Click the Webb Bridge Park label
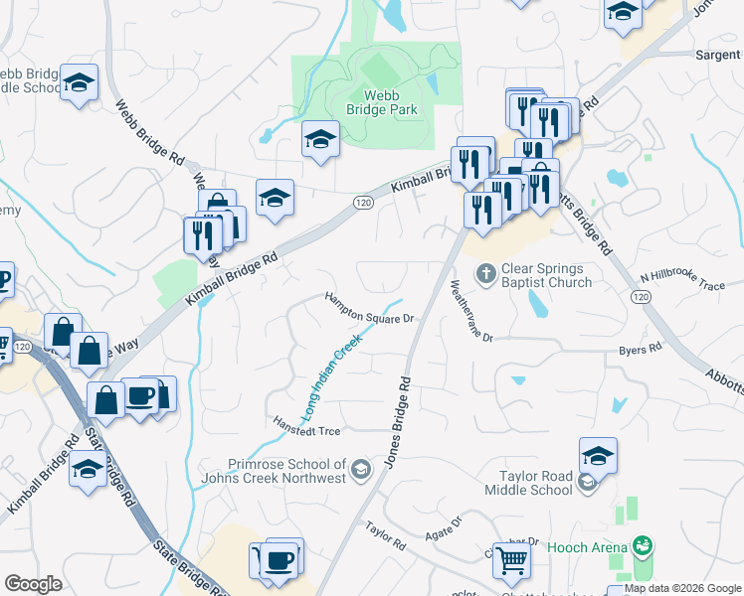pyautogui.click(x=389, y=102)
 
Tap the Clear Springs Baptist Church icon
pyautogui.click(x=486, y=272)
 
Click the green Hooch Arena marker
pyautogui.click(x=644, y=546)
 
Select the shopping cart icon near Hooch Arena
pyautogui.click(x=511, y=561)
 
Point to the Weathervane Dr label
pyautogui.click(x=471, y=311)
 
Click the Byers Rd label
pyautogui.click(x=640, y=350)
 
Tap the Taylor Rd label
pyautogui.click(x=385, y=537)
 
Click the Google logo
pyautogui.click(x=33, y=584)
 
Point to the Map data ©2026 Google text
pyautogui.click(x=683, y=588)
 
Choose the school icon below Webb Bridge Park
pyautogui.click(x=320, y=142)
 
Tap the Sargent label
pyautogui.click(x=715, y=57)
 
